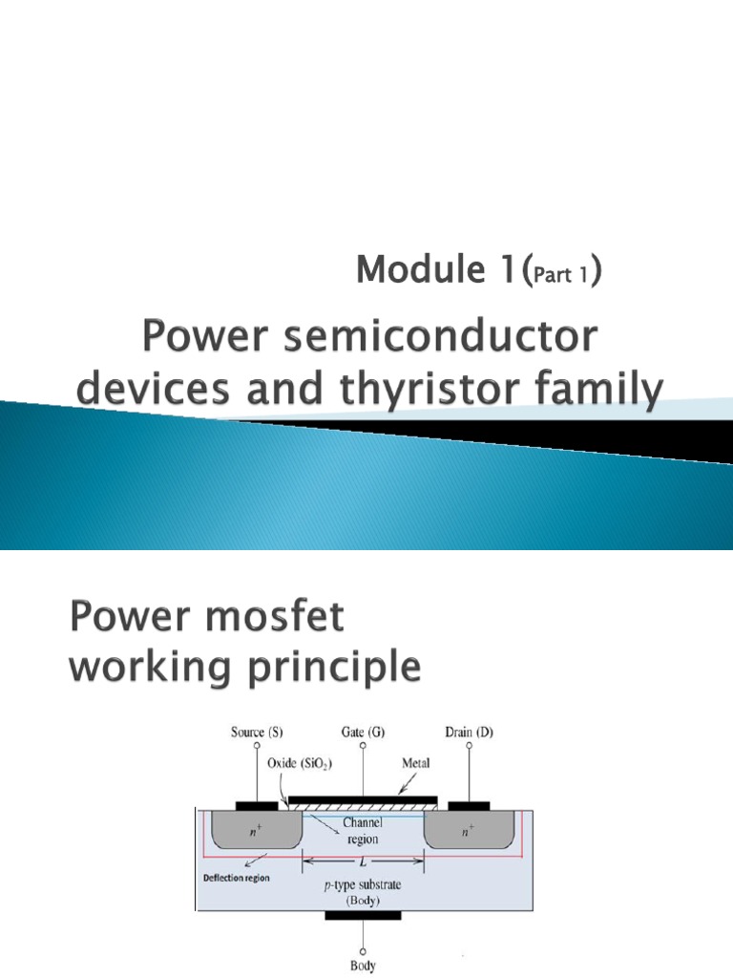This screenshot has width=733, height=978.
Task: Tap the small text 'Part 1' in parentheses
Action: pyautogui.click(x=565, y=276)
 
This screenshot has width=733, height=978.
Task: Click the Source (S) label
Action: pyautogui.click(x=255, y=733)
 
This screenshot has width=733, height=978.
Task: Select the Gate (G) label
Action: pyautogui.click(x=364, y=733)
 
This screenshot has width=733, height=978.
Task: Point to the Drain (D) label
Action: pyautogui.click(x=470, y=733)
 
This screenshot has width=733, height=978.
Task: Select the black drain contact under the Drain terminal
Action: pyautogui.click(x=469, y=805)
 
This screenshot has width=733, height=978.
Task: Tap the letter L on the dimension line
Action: pyautogui.click(x=364, y=862)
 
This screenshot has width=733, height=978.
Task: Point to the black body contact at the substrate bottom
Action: pyautogui.click(x=363, y=915)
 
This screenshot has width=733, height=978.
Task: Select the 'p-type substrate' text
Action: pyautogui.click(x=364, y=885)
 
